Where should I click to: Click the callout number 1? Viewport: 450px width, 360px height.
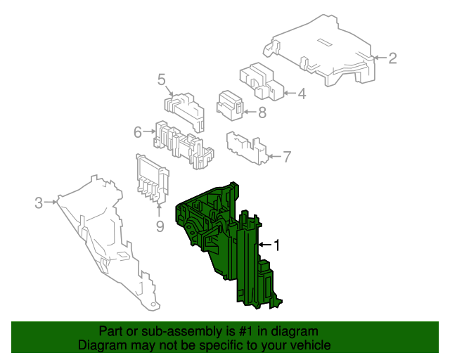276,245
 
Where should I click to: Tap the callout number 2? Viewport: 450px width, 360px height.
392,58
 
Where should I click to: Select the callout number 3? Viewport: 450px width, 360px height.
39,202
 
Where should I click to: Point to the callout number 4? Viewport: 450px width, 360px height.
302,94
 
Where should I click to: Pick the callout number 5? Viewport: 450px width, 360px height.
162,79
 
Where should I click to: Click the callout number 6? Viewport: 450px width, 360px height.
138,132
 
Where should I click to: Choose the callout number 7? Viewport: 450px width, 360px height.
287,157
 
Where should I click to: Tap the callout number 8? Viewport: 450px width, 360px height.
262,112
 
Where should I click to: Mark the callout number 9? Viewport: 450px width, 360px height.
160,226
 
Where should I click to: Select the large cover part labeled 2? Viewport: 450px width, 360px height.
321,51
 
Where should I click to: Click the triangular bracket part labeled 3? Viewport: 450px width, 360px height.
106,241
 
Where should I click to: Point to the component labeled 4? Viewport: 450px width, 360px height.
261,82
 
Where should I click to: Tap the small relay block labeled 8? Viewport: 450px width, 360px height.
230,105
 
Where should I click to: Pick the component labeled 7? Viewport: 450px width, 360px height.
247,148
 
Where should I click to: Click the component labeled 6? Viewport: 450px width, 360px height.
184,144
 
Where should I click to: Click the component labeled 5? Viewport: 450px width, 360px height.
185,112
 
